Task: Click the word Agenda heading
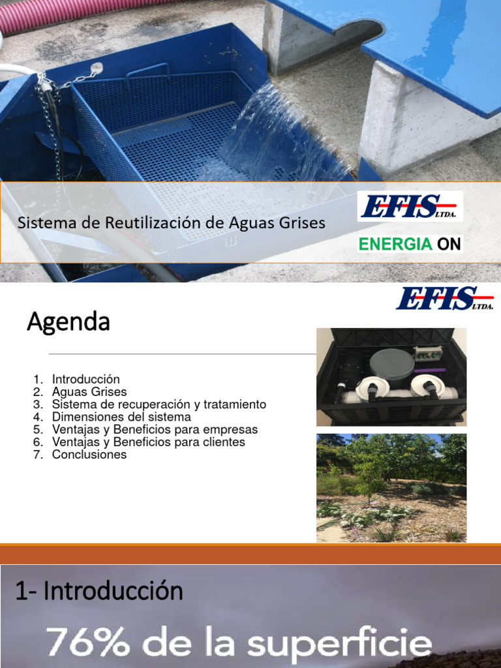(68, 322)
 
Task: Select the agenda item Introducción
(86, 379)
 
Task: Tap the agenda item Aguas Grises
(89, 392)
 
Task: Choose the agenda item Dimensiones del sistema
(121, 417)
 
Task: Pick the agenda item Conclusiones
(89, 455)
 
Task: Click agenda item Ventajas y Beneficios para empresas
(155, 430)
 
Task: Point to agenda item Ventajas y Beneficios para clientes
(148, 442)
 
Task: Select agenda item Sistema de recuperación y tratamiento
(159, 404)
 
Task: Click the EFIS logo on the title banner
(410, 207)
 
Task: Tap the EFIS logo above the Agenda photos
(444, 299)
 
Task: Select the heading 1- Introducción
(99, 591)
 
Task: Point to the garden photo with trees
(391, 487)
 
